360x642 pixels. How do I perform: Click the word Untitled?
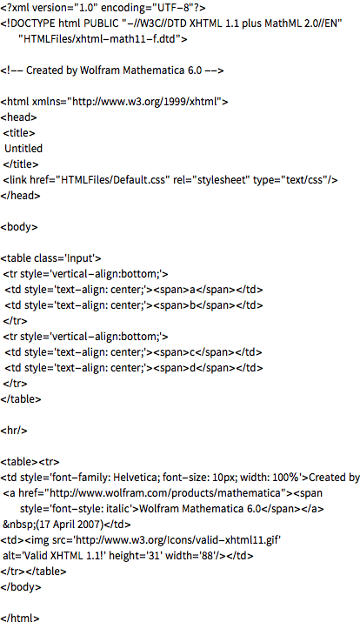click(x=23, y=148)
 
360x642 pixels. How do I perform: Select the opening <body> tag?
click(x=19, y=227)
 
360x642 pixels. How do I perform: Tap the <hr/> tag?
click(x=14, y=431)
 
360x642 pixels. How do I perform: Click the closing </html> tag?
click(x=20, y=619)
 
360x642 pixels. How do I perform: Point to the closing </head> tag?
click(x=21, y=196)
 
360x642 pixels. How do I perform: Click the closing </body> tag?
click(x=21, y=586)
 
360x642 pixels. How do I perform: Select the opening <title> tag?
click(x=19, y=132)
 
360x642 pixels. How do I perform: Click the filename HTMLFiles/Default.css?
click(x=113, y=180)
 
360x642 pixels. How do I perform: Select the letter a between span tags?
click(x=193, y=290)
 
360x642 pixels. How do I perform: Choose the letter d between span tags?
click(x=192, y=368)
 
